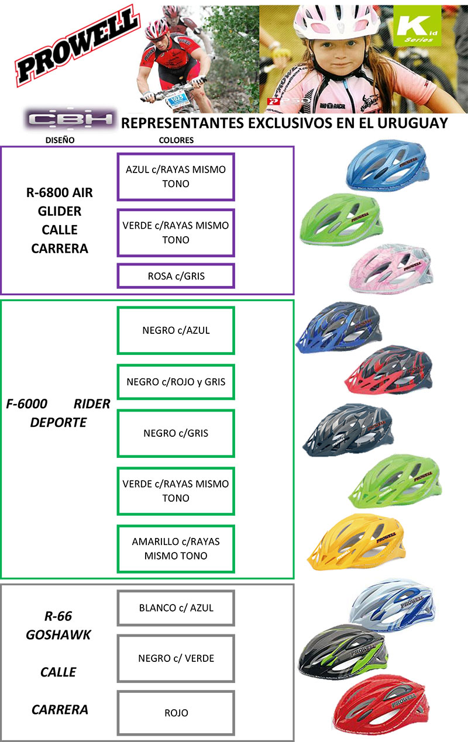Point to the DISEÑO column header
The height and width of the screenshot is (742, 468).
coord(61,140)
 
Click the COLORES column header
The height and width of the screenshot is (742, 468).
coord(176,140)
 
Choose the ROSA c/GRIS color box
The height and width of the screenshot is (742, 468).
coord(176,276)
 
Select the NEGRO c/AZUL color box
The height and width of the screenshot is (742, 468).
coord(176,330)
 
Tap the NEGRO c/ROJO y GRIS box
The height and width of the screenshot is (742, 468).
coord(176,382)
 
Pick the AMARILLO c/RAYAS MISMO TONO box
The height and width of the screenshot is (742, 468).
coord(176,548)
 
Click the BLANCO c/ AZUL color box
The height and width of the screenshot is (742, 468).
coord(176,608)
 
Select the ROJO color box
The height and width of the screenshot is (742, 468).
coord(176,713)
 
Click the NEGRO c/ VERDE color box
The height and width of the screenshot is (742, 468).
coord(176,658)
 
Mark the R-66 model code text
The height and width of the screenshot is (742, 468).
coord(58,616)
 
